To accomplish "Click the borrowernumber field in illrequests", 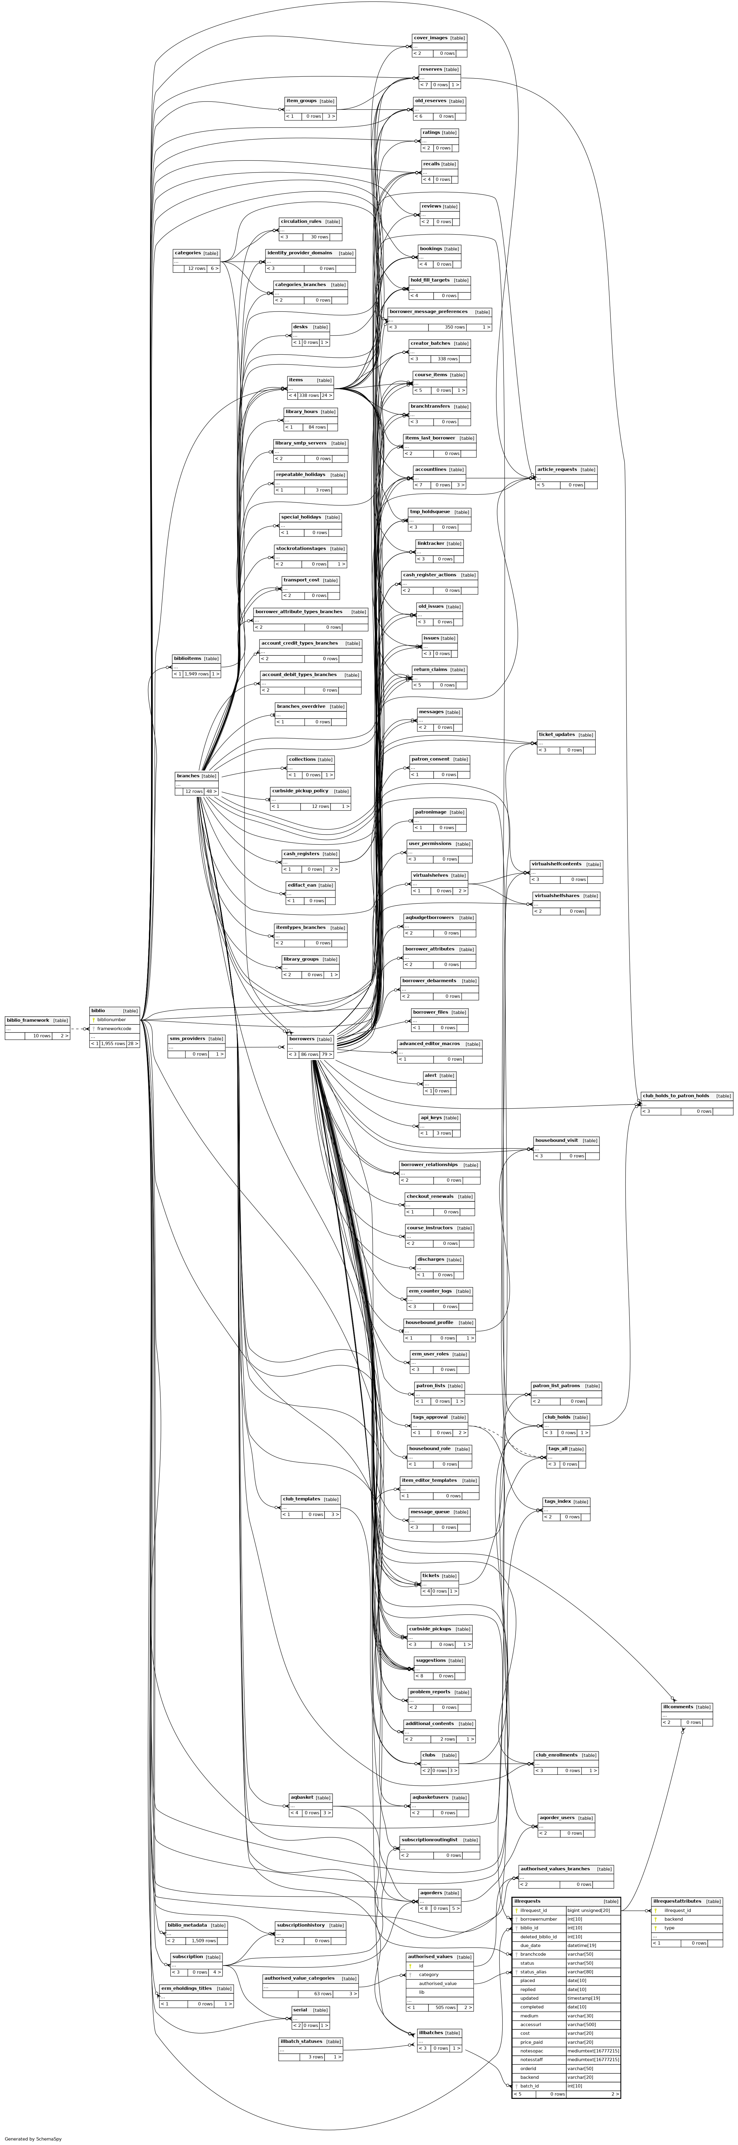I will tap(538, 1919).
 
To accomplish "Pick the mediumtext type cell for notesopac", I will tap(592, 2050).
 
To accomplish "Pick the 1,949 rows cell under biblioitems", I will tap(197, 674).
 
